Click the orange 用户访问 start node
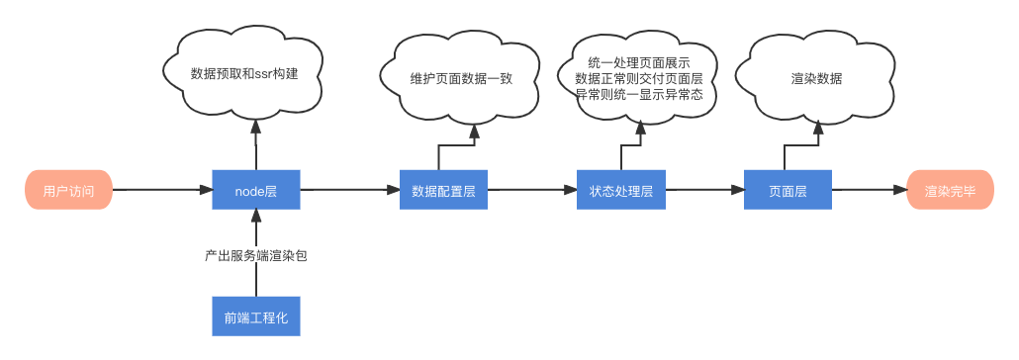point(68,190)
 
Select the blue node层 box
point(255,190)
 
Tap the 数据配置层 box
point(443,190)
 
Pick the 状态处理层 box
point(620,190)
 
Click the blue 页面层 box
point(787,190)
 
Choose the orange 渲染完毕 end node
point(950,190)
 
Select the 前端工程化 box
point(255,316)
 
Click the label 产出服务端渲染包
point(255,255)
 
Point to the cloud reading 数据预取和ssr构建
point(243,74)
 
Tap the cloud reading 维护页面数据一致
point(461,79)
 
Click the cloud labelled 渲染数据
point(817,77)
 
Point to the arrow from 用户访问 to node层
point(161,190)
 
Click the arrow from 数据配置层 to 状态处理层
point(531,190)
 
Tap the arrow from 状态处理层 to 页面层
point(703,190)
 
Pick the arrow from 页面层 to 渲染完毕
point(868,190)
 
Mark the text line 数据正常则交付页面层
point(638,78)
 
